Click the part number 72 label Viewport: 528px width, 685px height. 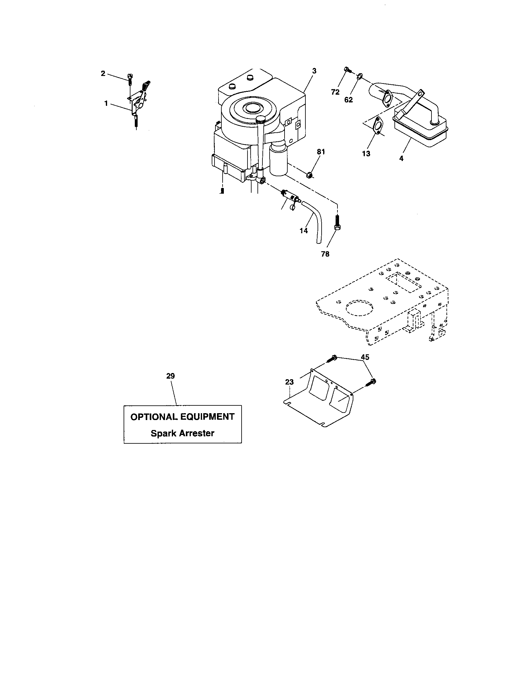(335, 92)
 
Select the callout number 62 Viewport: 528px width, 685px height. (348, 100)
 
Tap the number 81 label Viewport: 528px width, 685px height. (321, 152)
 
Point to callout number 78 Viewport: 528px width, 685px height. (325, 254)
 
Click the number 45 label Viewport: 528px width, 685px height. (365, 357)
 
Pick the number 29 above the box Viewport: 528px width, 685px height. (171, 376)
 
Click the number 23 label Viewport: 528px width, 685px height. (290, 382)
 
